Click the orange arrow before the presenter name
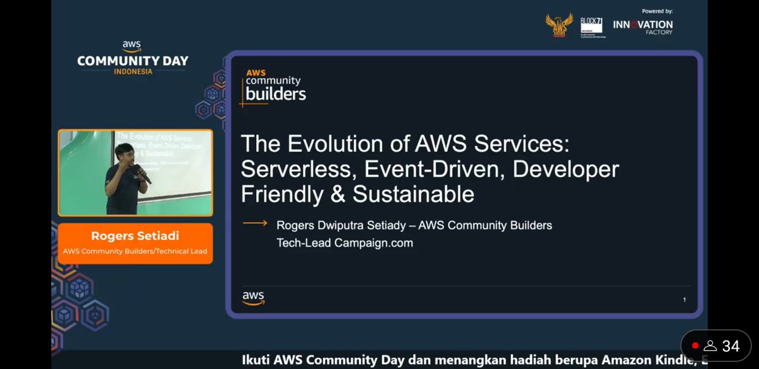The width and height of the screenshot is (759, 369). [255, 224]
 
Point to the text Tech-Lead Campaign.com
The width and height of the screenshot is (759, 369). [345, 243]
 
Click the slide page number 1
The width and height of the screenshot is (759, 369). [684, 299]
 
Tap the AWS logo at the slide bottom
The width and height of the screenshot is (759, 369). [253, 298]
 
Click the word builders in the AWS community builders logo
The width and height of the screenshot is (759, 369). [275, 94]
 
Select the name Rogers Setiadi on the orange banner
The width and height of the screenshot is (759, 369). [135, 236]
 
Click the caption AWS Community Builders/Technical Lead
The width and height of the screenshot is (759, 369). [135, 251]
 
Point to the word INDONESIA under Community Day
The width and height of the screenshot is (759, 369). [133, 71]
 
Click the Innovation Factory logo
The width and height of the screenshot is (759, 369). [643, 27]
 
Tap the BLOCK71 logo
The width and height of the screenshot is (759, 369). [591, 28]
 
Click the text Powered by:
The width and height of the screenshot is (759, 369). [657, 11]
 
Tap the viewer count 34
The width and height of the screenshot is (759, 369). [731, 346]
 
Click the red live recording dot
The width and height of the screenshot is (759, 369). [695, 346]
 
